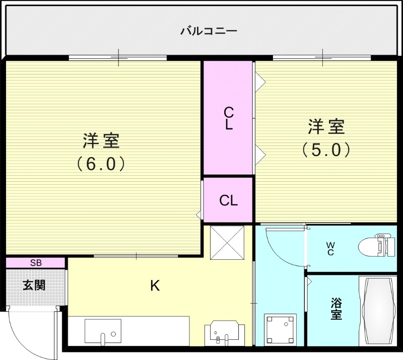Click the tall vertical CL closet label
click(x=228, y=118)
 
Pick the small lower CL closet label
click(x=228, y=200)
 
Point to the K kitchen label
click(x=155, y=286)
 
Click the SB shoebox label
click(x=36, y=262)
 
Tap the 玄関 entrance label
click(x=34, y=285)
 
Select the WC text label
click(x=330, y=249)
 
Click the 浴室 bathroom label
click(x=337, y=309)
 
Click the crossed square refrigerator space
click(x=227, y=242)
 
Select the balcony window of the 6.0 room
click(x=118, y=57)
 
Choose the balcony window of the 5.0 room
click(x=322, y=57)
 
